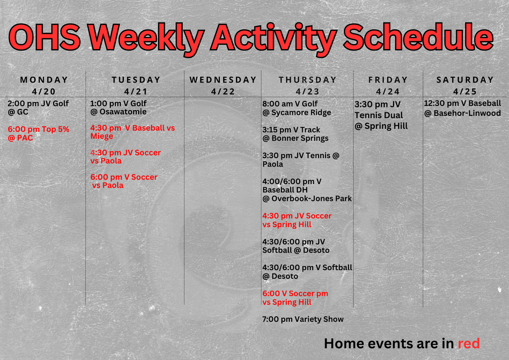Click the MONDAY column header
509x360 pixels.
click(x=44, y=80)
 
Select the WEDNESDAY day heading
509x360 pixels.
click(x=223, y=80)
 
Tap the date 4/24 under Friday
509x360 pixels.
click(x=388, y=91)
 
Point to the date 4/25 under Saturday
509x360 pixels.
click(x=465, y=91)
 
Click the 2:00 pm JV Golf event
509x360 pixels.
click(x=38, y=108)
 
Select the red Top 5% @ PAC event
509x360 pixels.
click(x=38, y=134)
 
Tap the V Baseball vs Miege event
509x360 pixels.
click(x=132, y=132)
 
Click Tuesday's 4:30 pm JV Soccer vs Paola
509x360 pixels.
click(x=125, y=157)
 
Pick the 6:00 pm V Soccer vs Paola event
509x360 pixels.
click(x=124, y=181)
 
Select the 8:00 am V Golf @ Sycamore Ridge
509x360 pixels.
click(x=297, y=108)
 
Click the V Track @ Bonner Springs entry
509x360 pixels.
click(x=295, y=134)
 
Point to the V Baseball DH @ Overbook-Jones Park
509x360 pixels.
click(x=307, y=190)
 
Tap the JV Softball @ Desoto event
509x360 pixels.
click(x=296, y=246)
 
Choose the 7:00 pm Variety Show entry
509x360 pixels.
click(x=303, y=319)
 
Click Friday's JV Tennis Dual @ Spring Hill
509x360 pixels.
click(x=381, y=115)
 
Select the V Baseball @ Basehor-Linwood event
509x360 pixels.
click(x=462, y=108)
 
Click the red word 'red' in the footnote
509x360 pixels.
click(x=468, y=343)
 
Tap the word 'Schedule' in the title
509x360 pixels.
click(x=418, y=37)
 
